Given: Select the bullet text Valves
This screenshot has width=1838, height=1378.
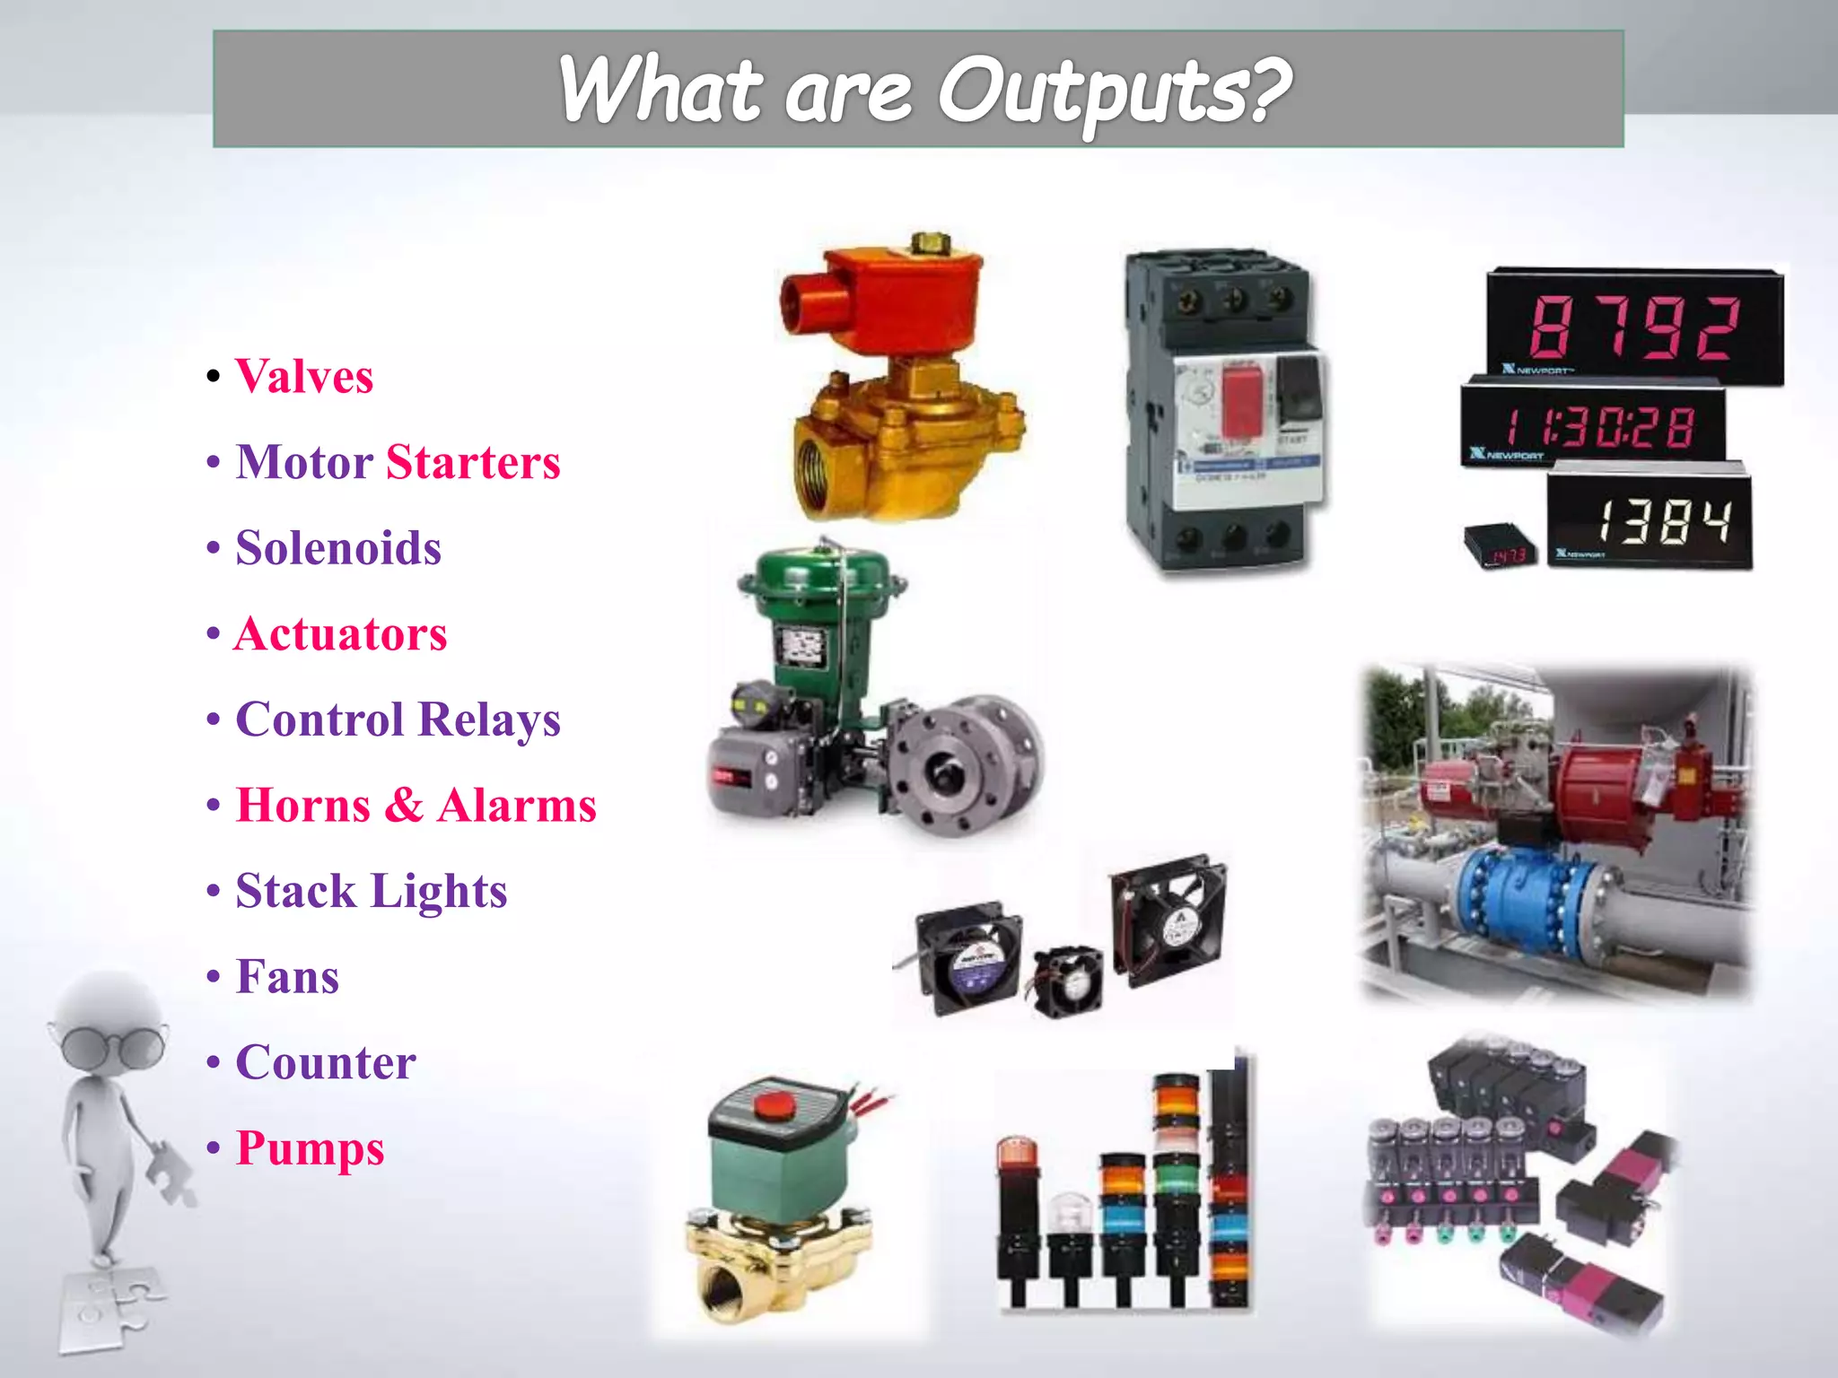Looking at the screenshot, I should coord(304,377).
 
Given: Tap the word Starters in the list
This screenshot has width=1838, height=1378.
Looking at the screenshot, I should coord(473,463).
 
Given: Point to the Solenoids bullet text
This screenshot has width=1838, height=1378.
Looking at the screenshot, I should coord(338,548).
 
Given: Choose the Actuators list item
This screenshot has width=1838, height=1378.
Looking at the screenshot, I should coord(340,634).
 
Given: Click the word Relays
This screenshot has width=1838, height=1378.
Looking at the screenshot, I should coord(489,720).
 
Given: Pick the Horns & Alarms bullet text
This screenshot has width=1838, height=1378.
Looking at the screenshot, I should coord(416,806).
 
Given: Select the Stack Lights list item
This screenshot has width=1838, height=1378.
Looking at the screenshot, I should coord(372,892).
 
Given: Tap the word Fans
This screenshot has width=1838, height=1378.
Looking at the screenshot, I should coord(287,977).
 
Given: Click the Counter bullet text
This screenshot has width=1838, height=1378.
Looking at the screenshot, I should coord(326,1063).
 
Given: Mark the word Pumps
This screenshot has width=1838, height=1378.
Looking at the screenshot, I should coord(310,1148).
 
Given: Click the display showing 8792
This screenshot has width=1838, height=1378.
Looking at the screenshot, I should coord(1634,327).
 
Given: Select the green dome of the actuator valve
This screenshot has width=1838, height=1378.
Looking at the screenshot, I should coord(821,574).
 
